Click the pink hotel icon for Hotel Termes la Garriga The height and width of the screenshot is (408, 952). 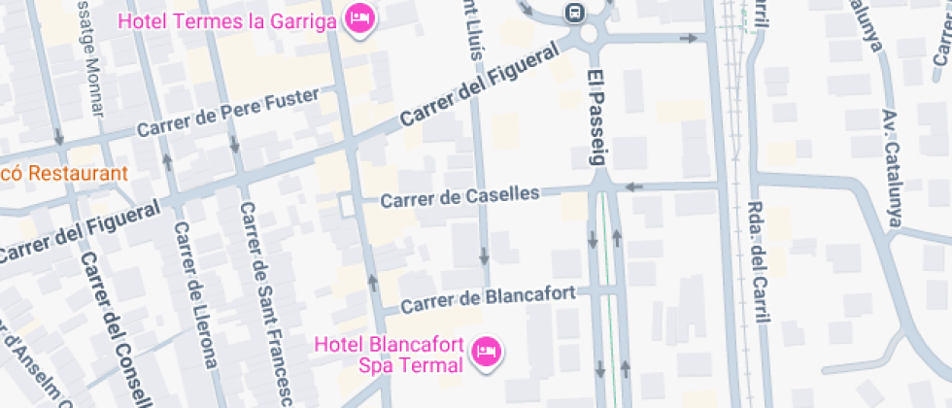(x=359, y=18)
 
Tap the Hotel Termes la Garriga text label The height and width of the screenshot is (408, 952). (x=226, y=19)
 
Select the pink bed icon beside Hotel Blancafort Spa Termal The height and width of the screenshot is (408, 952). (x=485, y=351)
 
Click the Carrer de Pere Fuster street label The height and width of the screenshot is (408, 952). (x=228, y=113)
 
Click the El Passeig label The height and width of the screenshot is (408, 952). (x=596, y=118)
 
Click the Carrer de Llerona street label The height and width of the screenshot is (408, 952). (x=194, y=295)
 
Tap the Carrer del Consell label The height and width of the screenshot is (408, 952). (x=116, y=330)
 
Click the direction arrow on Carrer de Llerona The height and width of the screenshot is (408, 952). (x=168, y=159)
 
